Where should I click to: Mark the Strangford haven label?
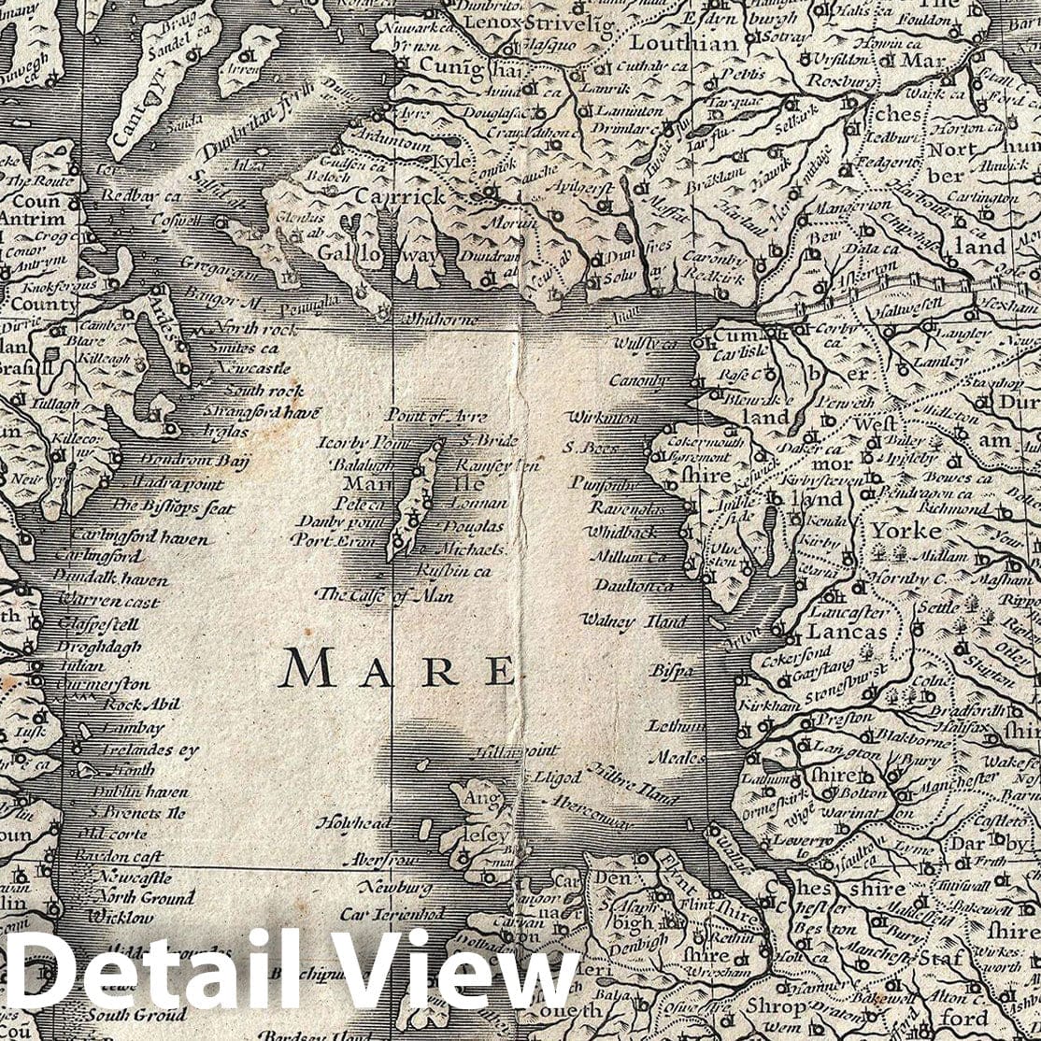pyautogui.click(x=261, y=412)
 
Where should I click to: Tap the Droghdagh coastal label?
pyautogui.click(x=99, y=647)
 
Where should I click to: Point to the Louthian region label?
pyautogui.click(x=670, y=42)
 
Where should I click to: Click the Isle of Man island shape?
pyautogui.click(x=414, y=501)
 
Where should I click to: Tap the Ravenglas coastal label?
pyautogui.click(x=626, y=509)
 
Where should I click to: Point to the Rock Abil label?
pyautogui.click(x=141, y=706)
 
